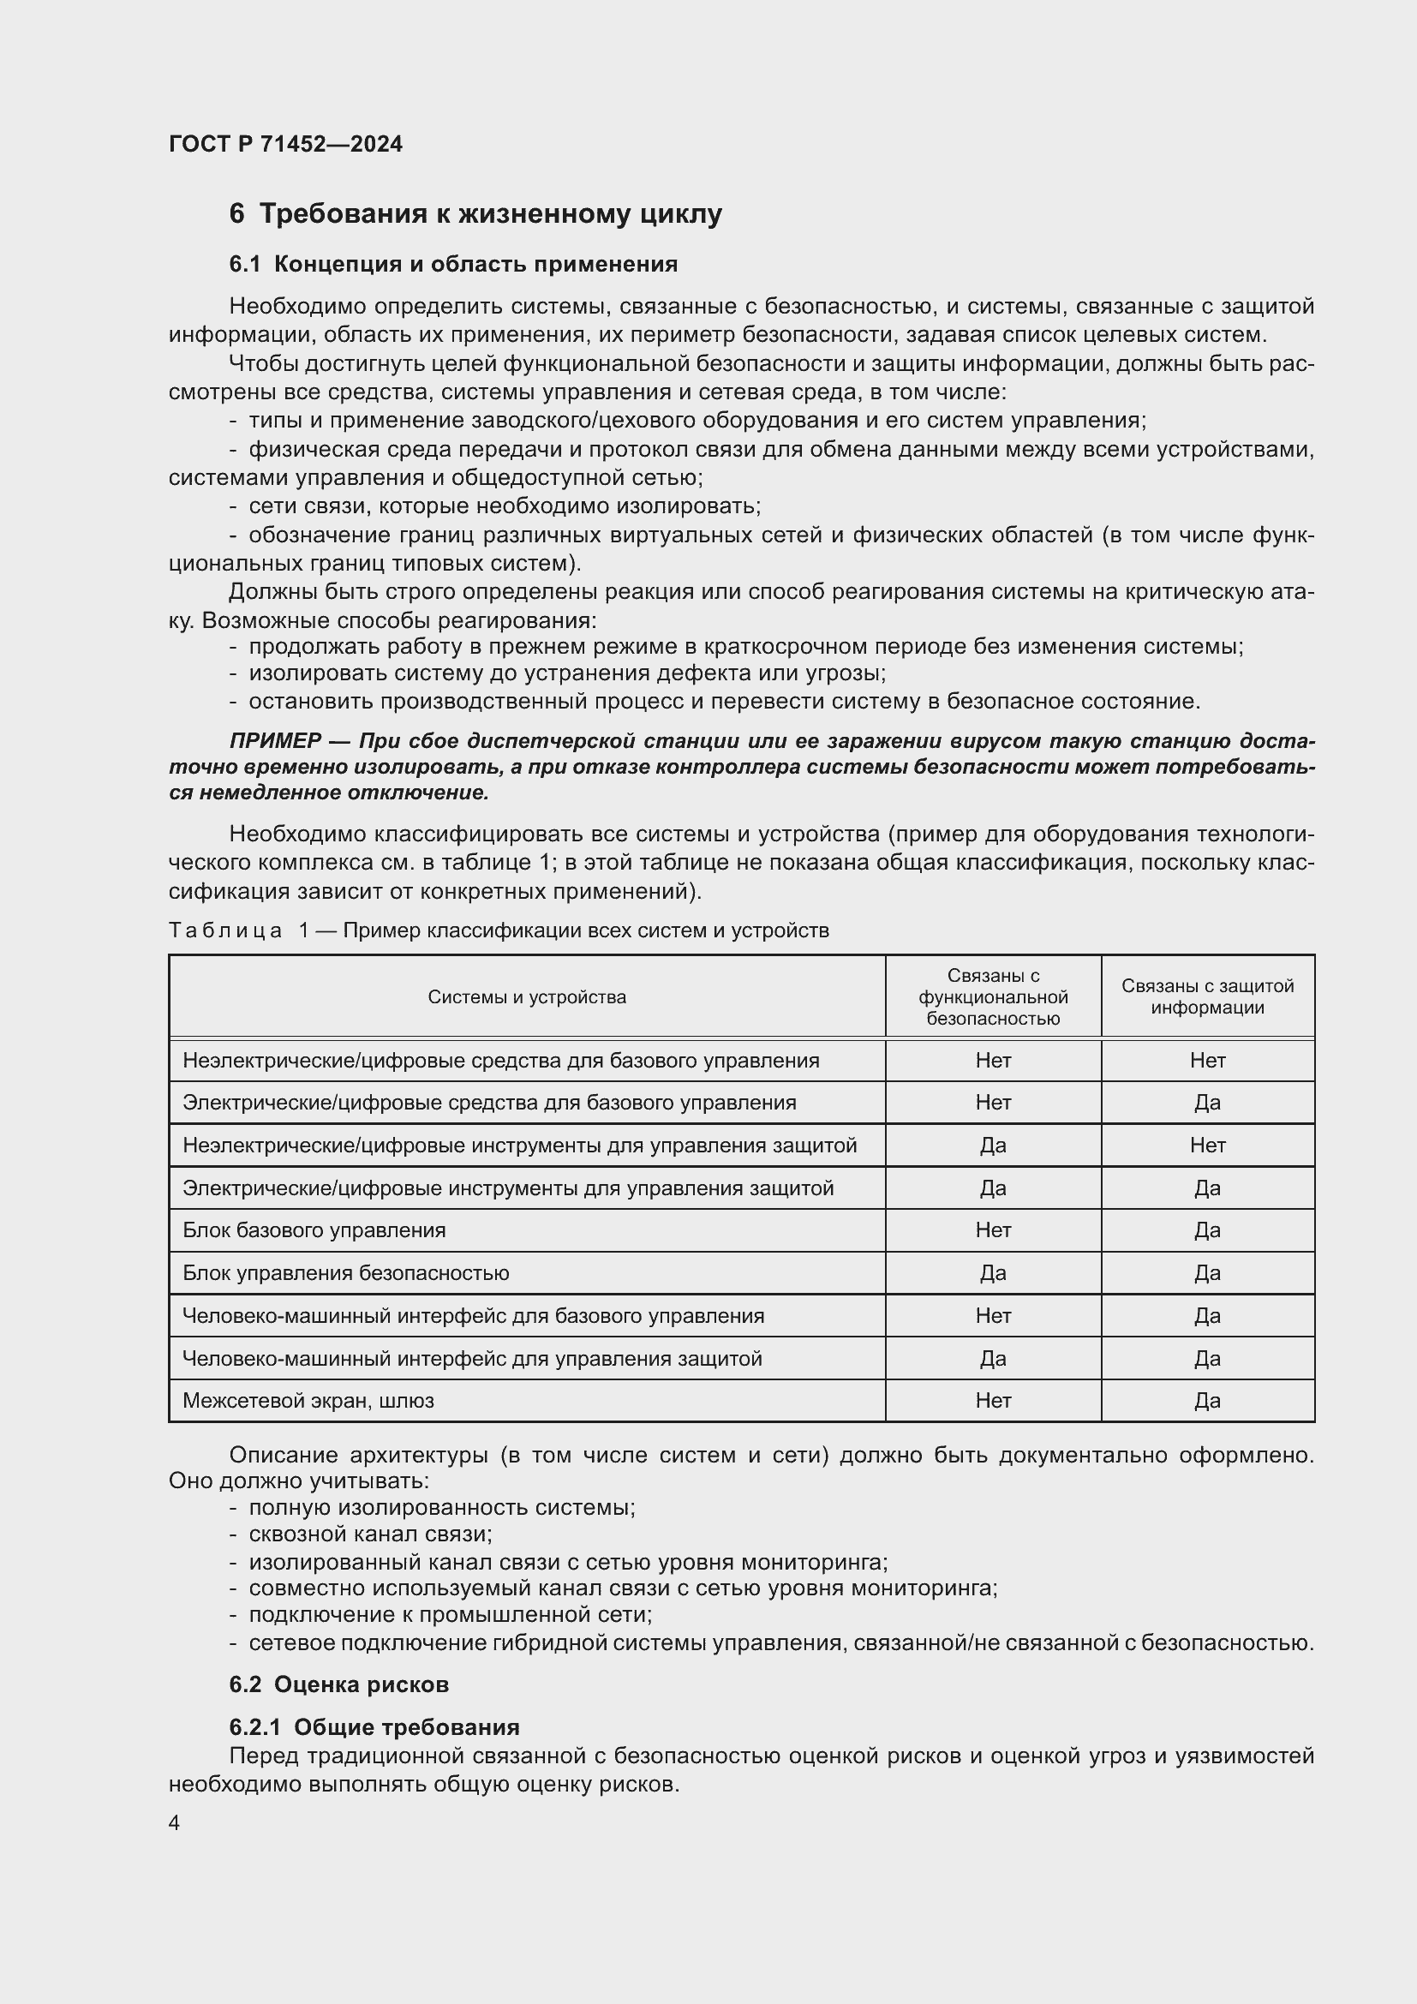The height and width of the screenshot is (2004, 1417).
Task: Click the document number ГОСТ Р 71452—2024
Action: (285, 144)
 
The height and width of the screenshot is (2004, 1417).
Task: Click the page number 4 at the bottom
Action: (175, 1822)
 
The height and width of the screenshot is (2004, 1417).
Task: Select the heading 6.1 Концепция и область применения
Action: (453, 264)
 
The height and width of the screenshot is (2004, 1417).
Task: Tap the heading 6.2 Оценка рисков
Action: (338, 1684)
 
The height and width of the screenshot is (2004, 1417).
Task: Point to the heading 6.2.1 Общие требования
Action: (374, 1726)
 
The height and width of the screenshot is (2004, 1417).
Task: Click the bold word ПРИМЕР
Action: (275, 741)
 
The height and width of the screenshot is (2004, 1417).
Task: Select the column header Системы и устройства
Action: (526, 996)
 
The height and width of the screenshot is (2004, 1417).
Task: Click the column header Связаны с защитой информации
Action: (1207, 996)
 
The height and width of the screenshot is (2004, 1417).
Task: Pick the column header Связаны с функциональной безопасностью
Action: (993, 996)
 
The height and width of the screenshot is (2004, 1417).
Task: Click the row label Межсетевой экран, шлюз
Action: (308, 1400)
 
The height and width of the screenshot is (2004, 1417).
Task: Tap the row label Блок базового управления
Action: (314, 1229)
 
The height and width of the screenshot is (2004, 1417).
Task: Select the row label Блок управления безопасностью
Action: (345, 1272)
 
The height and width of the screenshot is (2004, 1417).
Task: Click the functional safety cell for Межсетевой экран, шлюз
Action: (993, 1400)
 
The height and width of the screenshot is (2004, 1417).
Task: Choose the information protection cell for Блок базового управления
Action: (1207, 1229)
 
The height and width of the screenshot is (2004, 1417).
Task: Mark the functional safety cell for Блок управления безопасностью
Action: (993, 1272)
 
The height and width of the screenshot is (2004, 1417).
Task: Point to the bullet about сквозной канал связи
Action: (370, 1534)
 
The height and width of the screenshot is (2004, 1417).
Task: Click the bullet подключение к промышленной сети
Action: (451, 1614)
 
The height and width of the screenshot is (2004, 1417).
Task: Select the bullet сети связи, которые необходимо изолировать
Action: (505, 506)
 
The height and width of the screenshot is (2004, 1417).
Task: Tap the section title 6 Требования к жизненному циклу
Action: (475, 214)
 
